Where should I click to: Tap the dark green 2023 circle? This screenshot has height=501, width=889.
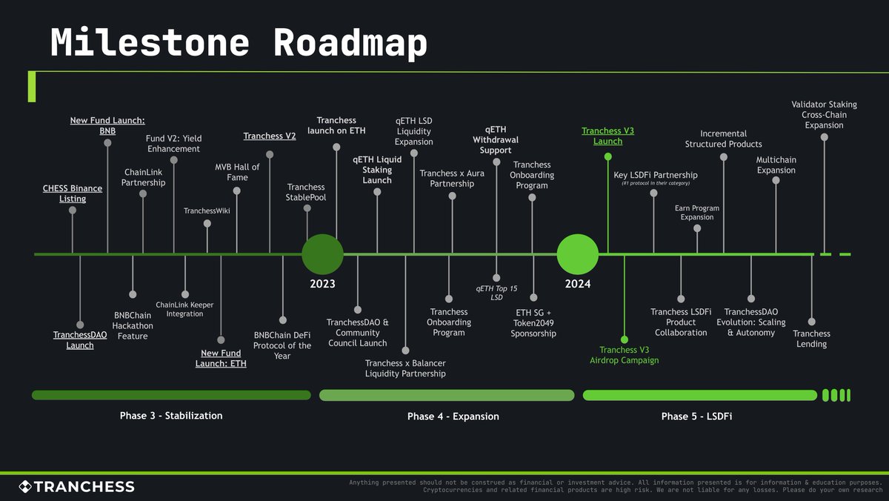tap(322, 254)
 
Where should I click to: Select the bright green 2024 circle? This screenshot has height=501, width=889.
tap(578, 254)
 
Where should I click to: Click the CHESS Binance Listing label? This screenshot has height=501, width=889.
tap(73, 193)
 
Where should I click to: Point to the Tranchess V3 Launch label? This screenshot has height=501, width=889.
tap(607, 136)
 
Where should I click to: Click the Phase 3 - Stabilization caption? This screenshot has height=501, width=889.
tap(171, 416)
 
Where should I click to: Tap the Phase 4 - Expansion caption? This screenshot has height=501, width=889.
tap(453, 417)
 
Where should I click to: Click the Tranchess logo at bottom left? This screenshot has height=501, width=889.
tap(76, 487)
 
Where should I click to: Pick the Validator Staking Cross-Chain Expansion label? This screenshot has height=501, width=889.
tap(824, 115)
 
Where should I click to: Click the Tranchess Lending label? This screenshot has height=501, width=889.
tap(811, 339)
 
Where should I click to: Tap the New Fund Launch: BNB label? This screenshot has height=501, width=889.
tap(107, 125)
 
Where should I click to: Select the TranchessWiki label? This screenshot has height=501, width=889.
tap(207, 212)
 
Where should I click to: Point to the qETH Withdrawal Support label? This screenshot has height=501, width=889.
tap(496, 140)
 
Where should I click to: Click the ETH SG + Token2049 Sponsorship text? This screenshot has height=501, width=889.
tap(533, 323)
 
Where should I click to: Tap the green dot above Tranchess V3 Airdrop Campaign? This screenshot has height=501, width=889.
tap(625, 339)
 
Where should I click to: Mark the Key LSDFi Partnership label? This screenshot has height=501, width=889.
tap(655, 176)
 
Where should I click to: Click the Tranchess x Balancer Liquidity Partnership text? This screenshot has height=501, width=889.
tap(405, 368)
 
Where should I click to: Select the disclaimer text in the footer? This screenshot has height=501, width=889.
tap(615, 486)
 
